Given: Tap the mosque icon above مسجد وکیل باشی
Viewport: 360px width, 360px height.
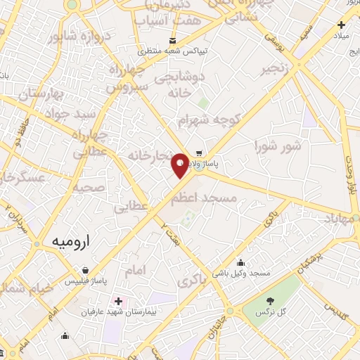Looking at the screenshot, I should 241,262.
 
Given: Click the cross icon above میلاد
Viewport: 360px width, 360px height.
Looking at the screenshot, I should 341,25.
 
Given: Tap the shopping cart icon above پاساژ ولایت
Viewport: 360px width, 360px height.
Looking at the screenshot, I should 200,153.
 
